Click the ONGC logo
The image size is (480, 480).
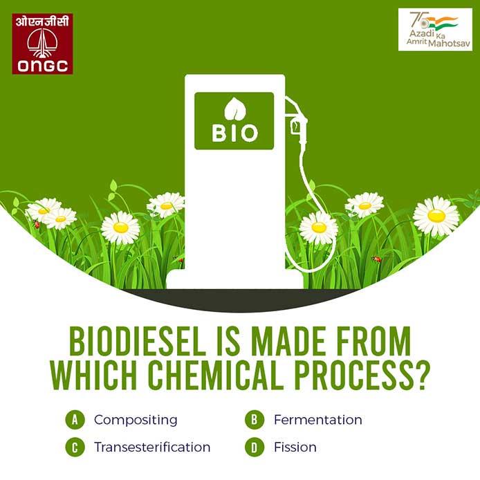[x=42, y=44]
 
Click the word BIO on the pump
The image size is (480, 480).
[x=234, y=133]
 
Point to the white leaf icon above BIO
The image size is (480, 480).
[x=235, y=109]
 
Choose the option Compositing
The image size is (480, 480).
[x=136, y=420]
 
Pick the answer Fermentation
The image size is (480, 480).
[x=317, y=420]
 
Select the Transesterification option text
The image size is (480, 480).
[x=152, y=447]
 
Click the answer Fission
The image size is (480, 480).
[x=295, y=447]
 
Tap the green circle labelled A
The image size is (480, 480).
[x=75, y=420]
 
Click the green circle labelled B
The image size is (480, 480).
[x=255, y=420]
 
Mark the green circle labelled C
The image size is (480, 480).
[x=75, y=447]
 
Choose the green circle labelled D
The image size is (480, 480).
[x=255, y=447]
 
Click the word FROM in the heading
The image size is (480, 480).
[x=372, y=342]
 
